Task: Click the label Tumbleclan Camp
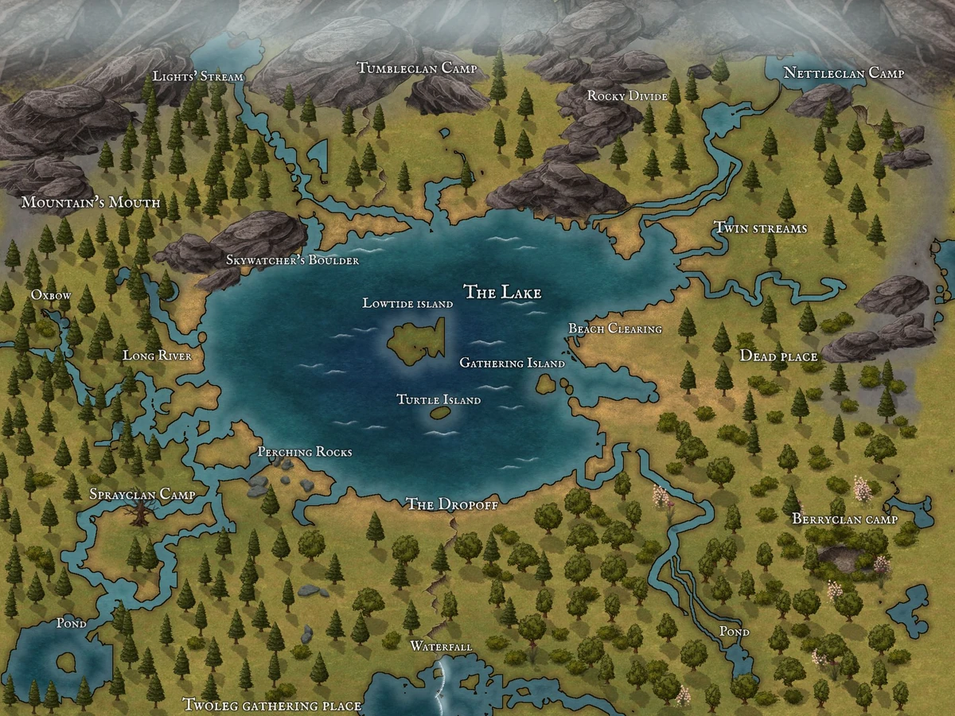point(416,68)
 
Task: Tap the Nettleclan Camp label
point(844,73)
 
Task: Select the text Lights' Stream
point(198,76)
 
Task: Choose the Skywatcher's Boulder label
point(292,260)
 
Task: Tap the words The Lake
point(502,293)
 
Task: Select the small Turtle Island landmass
point(439,413)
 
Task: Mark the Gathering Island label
point(512,364)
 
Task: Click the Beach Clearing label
point(615,329)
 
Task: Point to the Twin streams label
point(760,229)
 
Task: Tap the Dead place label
point(778,356)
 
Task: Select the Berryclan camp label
point(844,519)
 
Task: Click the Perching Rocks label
point(304,452)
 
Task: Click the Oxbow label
point(51,295)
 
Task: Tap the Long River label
point(157,356)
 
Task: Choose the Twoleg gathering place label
point(272,706)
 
